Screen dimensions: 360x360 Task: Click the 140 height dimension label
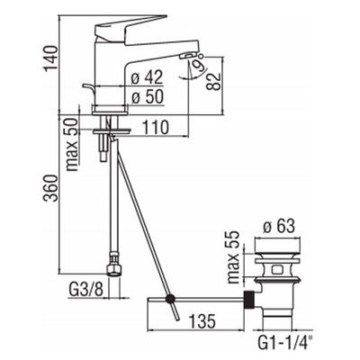click(x=51, y=58)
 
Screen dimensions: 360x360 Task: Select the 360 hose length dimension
click(x=50, y=188)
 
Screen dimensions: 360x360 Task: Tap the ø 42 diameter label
click(x=148, y=77)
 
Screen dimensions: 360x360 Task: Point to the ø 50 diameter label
click(x=148, y=96)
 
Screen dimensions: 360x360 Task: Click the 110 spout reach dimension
click(x=155, y=127)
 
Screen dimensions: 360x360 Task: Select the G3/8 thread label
click(x=86, y=290)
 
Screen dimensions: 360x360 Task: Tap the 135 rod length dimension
click(x=202, y=321)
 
